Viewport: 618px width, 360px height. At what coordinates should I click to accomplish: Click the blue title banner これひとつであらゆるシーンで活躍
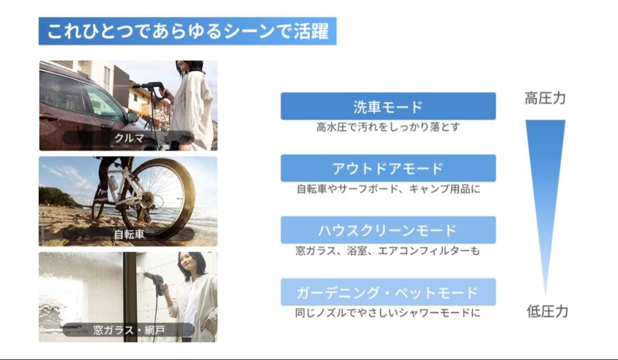click(187, 31)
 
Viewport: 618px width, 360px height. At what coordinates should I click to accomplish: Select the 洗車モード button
click(388, 106)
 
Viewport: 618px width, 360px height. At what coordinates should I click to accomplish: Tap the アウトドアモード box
click(388, 168)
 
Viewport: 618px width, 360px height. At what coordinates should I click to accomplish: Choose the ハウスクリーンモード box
click(388, 230)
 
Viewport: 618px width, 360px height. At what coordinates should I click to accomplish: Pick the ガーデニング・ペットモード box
click(388, 292)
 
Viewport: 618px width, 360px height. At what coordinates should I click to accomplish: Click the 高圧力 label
click(545, 98)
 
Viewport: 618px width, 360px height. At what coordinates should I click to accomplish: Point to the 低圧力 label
click(547, 311)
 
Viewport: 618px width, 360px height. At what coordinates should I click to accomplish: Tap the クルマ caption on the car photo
click(128, 139)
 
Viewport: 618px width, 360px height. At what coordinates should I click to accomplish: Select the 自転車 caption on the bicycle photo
click(128, 234)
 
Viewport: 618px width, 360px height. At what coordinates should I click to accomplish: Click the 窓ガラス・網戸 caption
click(128, 330)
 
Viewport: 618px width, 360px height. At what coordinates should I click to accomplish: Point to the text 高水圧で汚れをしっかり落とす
click(388, 127)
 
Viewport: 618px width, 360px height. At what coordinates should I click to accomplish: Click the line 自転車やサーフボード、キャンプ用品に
click(388, 189)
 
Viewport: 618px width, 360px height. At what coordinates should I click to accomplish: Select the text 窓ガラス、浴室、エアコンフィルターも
click(388, 251)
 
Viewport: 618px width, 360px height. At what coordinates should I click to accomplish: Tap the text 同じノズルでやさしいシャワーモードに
click(388, 313)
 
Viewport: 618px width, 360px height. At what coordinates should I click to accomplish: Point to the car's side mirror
click(133, 116)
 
